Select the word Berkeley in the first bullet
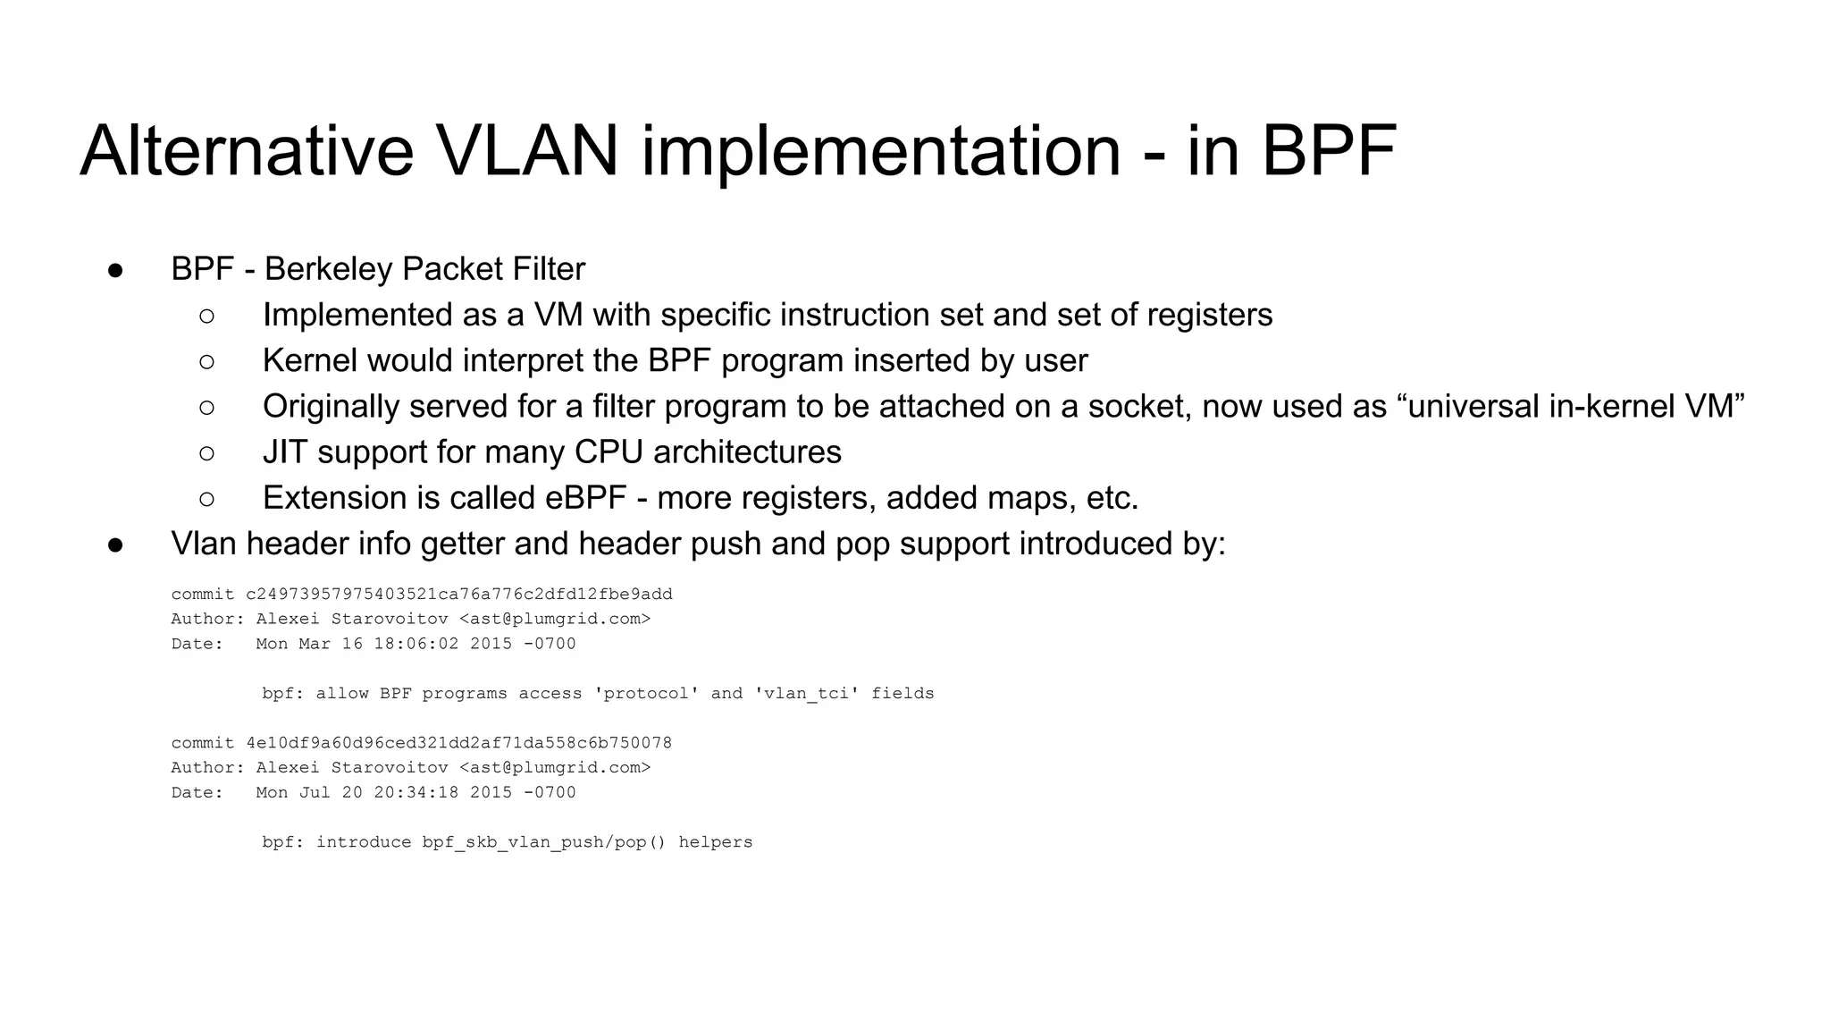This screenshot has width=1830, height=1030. (x=330, y=269)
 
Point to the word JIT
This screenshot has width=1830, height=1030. (x=284, y=452)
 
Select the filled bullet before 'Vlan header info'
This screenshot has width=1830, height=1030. (x=115, y=545)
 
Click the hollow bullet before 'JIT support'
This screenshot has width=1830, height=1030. (x=206, y=453)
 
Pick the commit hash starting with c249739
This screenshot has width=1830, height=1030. (x=459, y=595)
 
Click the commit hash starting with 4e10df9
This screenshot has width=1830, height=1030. (x=459, y=743)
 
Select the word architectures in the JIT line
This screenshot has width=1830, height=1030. (x=747, y=452)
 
